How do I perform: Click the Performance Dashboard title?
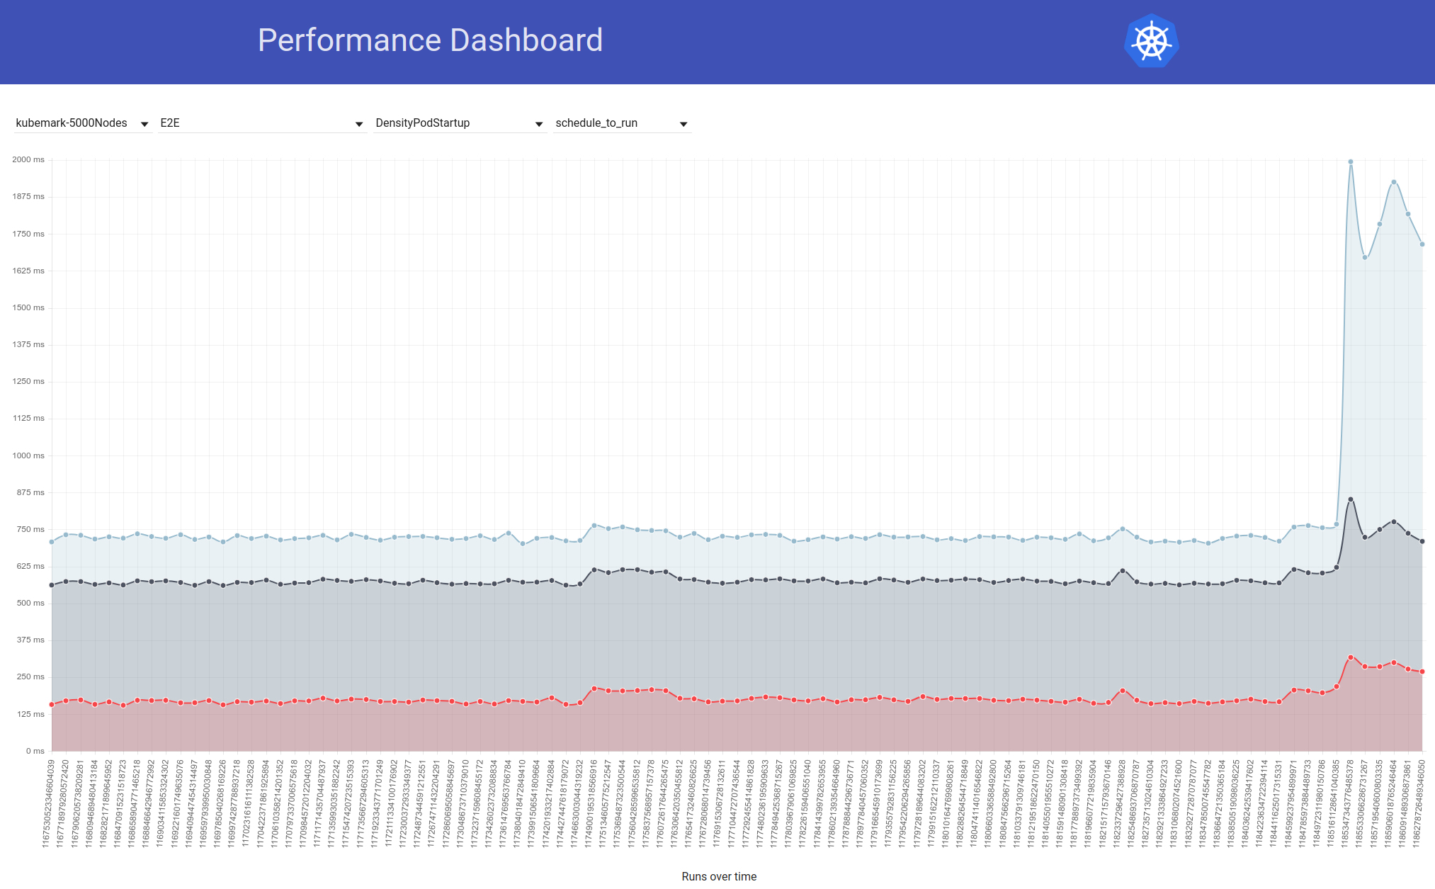430,40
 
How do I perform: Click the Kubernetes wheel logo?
1151,41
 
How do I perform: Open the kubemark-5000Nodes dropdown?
82,123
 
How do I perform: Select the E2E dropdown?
261,123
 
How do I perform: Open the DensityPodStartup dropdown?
459,123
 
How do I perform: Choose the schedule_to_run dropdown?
620,123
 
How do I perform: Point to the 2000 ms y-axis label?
28,160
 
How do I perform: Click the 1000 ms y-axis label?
28,455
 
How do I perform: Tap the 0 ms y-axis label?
35,751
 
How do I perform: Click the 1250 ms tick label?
28,382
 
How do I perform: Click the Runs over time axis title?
719,877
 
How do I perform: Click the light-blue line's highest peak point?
1351,162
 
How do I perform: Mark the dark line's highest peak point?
1351,500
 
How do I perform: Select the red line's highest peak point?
1351,658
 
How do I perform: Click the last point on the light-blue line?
1422,244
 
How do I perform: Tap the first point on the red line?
52,705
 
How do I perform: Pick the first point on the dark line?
52,585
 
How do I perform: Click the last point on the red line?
1422,672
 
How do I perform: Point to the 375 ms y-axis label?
30,640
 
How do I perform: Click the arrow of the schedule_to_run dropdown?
684,124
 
